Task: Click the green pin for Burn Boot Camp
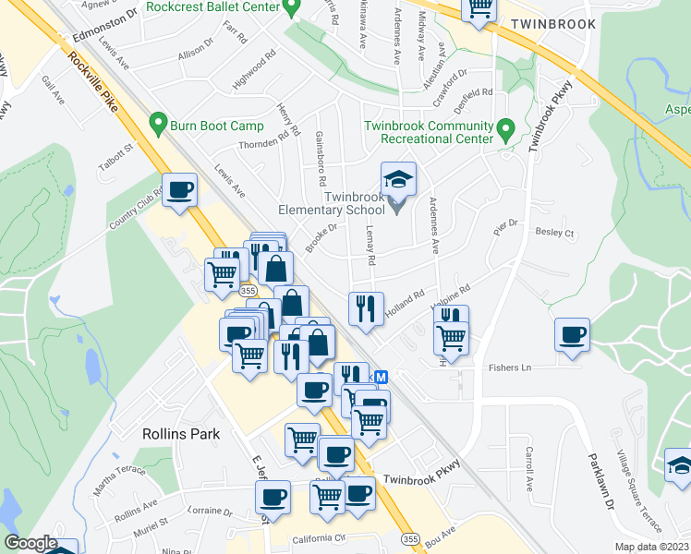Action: tap(157, 122)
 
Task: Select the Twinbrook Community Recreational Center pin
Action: tap(505, 129)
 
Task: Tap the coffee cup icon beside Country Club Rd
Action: tap(179, 190)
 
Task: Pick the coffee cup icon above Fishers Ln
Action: tap(573, 333)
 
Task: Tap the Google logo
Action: tap(30, 543)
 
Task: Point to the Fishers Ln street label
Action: tap(511, 368)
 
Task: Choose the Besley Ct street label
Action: tap(554, 233)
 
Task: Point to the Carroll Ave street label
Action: tap(529, 468)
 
